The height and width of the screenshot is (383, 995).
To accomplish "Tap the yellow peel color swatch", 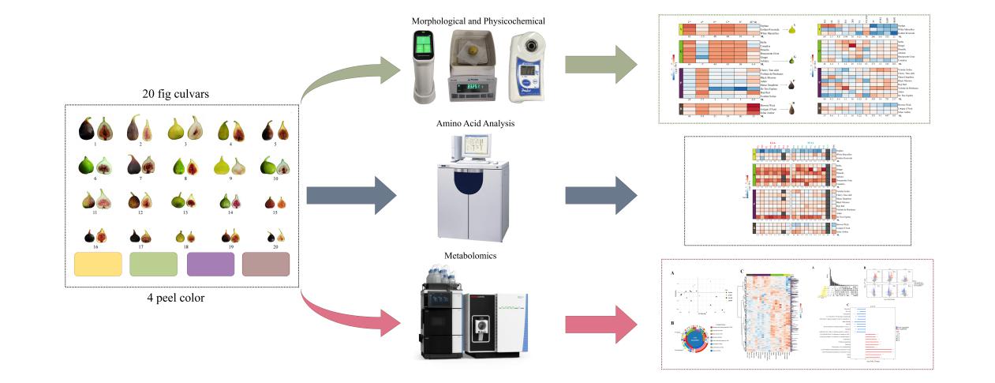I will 98,264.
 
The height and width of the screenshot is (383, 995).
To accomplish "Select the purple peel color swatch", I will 211,264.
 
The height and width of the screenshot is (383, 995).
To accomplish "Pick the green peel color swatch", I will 154,264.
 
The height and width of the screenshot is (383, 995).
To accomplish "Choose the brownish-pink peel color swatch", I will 266,264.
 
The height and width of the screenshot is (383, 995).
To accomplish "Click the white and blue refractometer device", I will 534,68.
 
